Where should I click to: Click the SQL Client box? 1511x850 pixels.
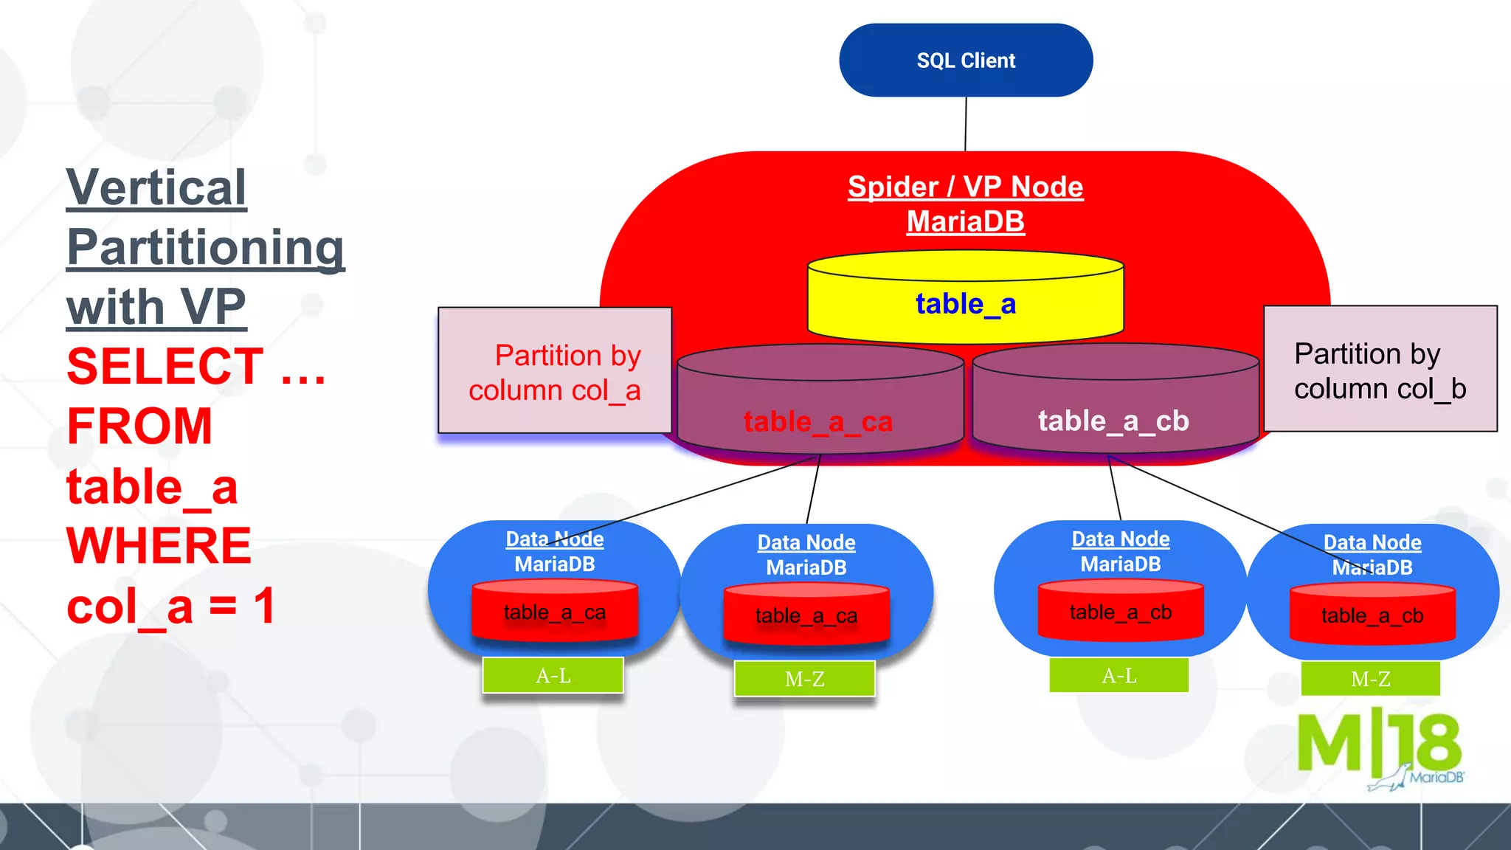(x=965, y=61)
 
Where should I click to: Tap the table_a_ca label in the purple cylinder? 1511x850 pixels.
(x=818, y=422)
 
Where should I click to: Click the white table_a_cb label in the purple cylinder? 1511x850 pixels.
(x=1113, y=421)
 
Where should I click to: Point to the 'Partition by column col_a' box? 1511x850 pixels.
(x=555, y=371)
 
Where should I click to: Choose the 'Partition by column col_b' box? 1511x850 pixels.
(x=1380, y=370)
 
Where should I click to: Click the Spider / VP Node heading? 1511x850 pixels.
(x=965, y=187)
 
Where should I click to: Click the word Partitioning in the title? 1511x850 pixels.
(x=205, y=248)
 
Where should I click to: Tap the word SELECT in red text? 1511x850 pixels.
(x=165, y=367)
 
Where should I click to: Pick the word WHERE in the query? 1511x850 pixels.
(x=159, y=546)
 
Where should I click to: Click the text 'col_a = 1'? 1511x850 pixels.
(x=171, y=607)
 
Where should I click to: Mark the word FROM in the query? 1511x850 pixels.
(x=139, y=426)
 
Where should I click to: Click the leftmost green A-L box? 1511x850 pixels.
(x=553, y=675)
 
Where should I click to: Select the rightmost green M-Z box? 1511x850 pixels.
(x=1370, y=679)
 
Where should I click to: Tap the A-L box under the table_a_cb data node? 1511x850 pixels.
(x=1118, y=675)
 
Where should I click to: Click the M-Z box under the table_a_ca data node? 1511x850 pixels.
(x=804, y=679)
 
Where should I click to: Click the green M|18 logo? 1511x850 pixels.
(x=1378, y=745)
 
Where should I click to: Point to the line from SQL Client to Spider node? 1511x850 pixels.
(x=965, y=124)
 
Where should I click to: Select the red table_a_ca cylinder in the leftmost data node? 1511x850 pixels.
(x=555, y=611)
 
